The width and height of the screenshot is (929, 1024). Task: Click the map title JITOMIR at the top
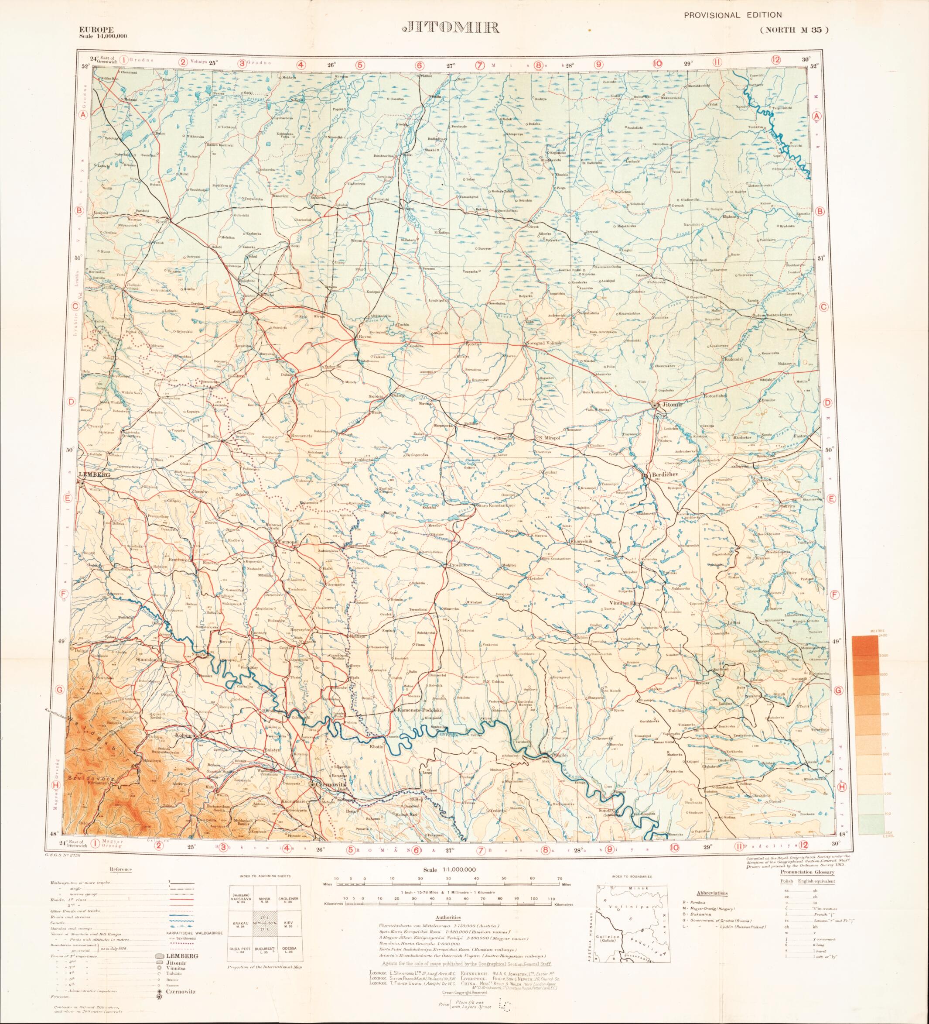(450, 28)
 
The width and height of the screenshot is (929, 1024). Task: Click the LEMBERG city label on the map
(94, 474)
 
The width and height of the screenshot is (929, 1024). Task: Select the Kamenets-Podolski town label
(420, 709)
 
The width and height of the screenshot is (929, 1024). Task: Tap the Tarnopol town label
(288, 543)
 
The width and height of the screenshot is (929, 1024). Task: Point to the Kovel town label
(176, 221)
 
